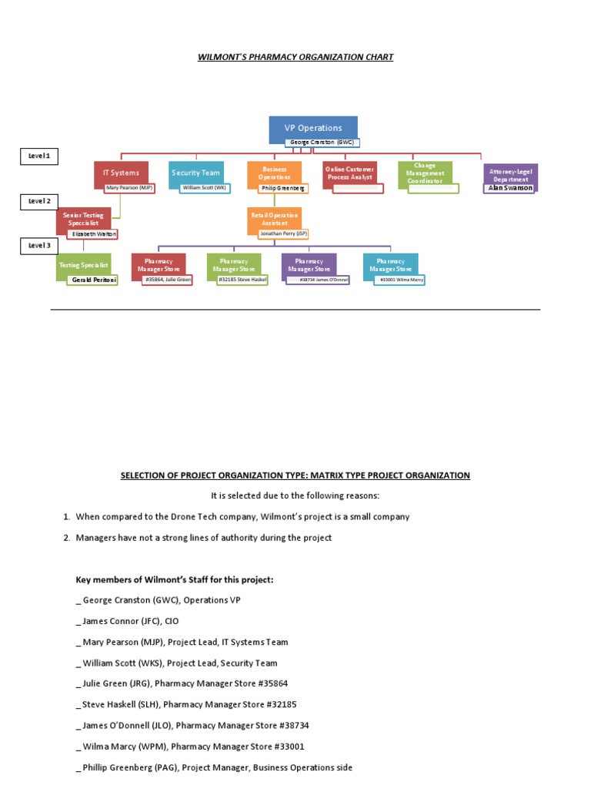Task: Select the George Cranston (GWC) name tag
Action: (322, 143)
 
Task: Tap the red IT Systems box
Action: (121, 173)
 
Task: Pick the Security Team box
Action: (195, 173)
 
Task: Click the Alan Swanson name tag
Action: (510, 187)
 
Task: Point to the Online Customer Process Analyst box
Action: (349, 173)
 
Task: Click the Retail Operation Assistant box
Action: (274, 219)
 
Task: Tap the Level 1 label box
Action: (38, 156)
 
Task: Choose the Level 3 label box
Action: (38, 246)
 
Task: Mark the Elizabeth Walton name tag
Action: (94, 233)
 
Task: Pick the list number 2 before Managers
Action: (66, 538)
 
